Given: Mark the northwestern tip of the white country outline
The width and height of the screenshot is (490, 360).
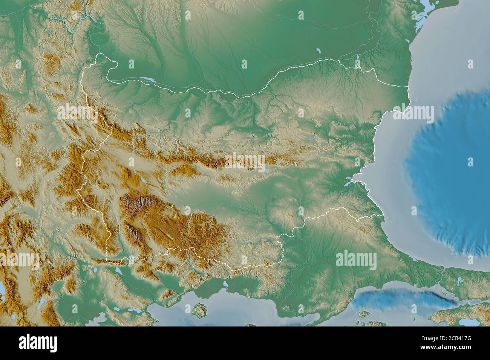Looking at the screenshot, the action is point(99,54).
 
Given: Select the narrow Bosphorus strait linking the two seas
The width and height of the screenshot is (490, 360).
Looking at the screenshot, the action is point(441,278).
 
